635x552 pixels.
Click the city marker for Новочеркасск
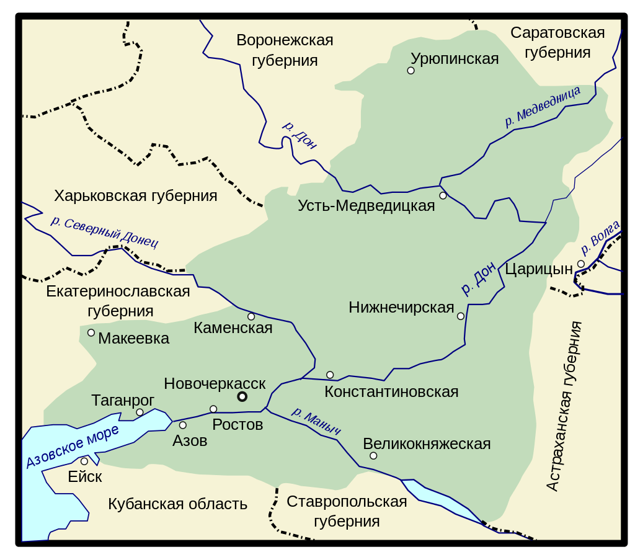tap(242, 397)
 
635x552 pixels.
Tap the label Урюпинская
tap(455, 59)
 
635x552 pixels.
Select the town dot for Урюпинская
tap(411, 71)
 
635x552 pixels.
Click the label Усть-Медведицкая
tap(366, 206)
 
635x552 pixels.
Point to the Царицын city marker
tap(581, 264)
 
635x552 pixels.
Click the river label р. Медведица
tap(543, 107)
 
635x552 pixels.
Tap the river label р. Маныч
tap(316, 421)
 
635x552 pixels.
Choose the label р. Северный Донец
tap(104, 231)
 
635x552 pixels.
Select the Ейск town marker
tap(84, 461)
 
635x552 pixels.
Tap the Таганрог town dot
tap(140, 412)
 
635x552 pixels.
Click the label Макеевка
tap(133, 339)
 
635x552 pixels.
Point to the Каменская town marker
tap(251, 316)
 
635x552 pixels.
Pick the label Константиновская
tap(391, 392)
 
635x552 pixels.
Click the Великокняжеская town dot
tap(373, 456)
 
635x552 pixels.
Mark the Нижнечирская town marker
tap(460, 316)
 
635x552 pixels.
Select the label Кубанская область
tap(177, 504)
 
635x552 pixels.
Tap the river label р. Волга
tap(600, 237)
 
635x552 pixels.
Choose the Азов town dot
tap(183, 425)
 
